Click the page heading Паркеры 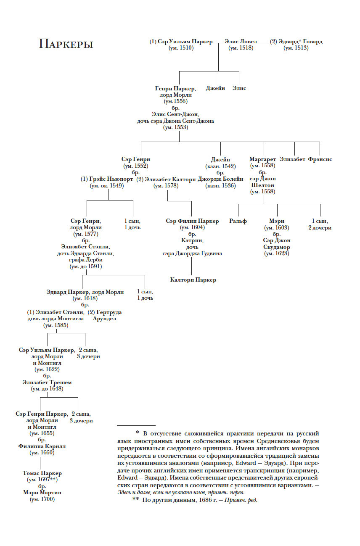(x=66, y=44)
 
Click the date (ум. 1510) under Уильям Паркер (x=181, y=48)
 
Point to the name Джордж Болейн (x=220, y=179)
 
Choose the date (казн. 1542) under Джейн (x=220, y=166)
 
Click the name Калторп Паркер (x=193, y=280)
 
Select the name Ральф (x=238, y=221)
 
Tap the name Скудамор (x=276, y=247)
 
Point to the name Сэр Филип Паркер (x=192, y=221)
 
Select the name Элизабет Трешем (x=47, y=382)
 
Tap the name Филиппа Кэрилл (x=42, y=446)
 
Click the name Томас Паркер (x=42, y=473)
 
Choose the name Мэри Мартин (x=42, y=493)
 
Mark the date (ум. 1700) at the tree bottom (x=42, y=499)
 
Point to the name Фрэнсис (x=320, y=159)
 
